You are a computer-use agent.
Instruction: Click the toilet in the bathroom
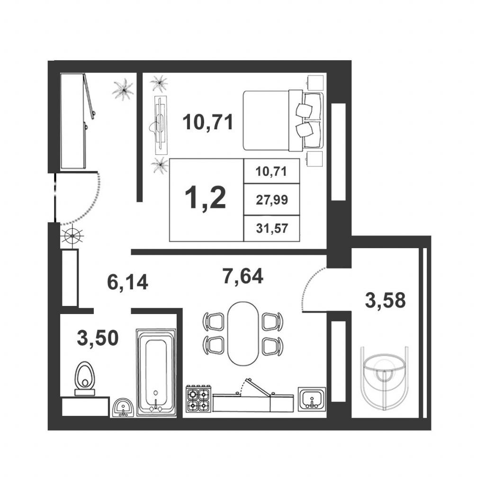coord(84,378)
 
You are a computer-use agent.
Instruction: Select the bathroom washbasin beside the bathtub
coord(124,408)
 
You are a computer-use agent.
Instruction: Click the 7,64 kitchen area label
coord(243,276)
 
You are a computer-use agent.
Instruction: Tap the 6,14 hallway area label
coord(127,282)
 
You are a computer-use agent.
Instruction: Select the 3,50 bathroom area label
coord(98,338)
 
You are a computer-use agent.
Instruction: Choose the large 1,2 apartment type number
coord(206,198)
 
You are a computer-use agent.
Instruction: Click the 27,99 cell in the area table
coord(272,200)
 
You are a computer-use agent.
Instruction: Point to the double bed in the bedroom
coord(283,121)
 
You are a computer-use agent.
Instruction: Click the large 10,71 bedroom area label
coord(208,122)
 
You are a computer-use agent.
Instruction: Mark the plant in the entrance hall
coord(123,89)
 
